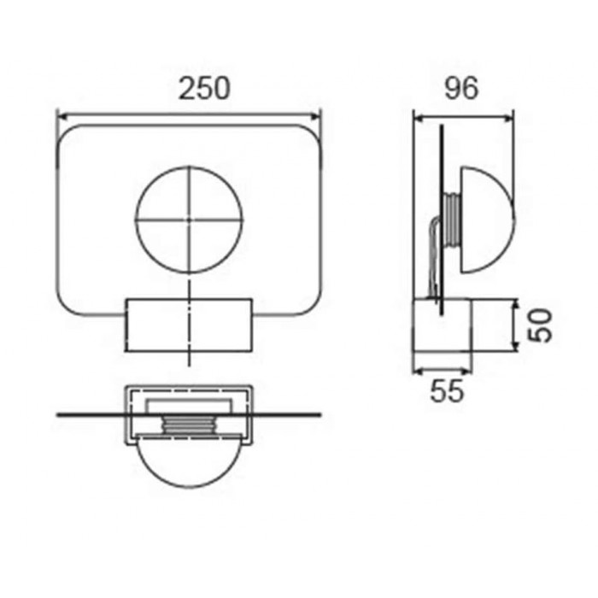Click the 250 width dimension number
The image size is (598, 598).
click(x=204, y=89)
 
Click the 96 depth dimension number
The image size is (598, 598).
click(x=461, y=89)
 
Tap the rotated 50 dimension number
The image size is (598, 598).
click(x=540, y=325)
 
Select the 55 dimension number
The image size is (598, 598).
click(x=448, y=391)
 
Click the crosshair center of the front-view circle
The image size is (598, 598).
click(x=189, y=220)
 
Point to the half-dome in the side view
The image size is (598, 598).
click(x=488, y=220)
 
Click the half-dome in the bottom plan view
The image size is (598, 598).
click(x=189, y=461)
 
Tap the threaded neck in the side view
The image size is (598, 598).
click(x=452, y=220)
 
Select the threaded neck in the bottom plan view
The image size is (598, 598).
click(x=189, y=425)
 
